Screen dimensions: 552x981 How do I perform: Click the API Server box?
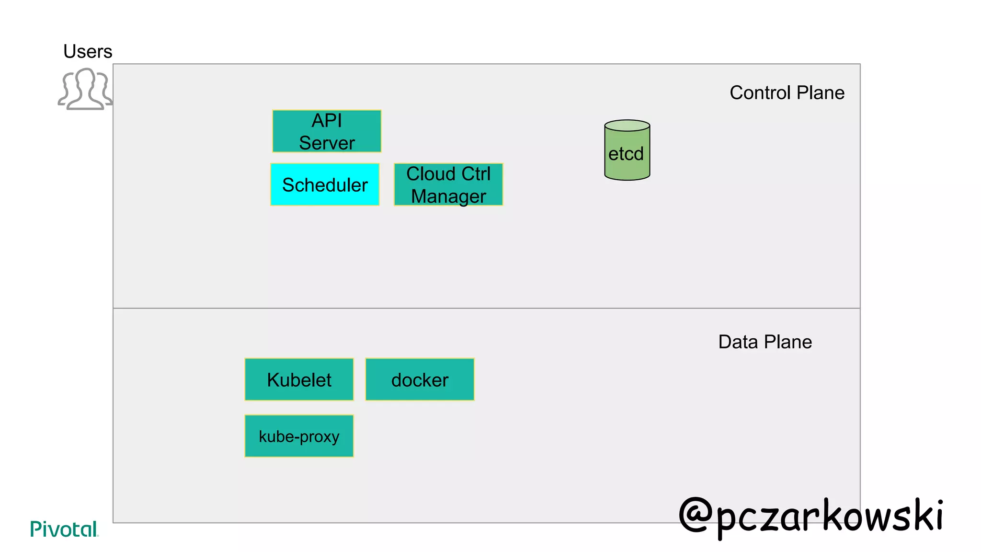pos(327,131)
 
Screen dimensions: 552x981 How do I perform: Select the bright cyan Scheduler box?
pos(325,184)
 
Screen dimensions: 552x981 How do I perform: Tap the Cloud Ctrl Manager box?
pos(448,184)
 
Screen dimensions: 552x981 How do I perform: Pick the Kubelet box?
pos(299,379)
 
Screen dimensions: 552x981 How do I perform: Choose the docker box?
pos(420,379)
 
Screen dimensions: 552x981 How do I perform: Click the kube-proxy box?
pos(299,436)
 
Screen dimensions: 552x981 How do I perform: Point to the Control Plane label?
pos(787,92)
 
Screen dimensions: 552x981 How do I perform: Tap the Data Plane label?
pos(765,342)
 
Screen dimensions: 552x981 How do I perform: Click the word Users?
pos(88,51)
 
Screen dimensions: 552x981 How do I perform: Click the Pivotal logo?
pos(64,529)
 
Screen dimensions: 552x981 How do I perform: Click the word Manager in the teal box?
pos(448,196)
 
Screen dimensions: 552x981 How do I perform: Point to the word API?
pos(327,121)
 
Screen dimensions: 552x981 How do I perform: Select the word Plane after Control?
pos(820,92)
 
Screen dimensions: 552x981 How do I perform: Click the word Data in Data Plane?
pos(738,342)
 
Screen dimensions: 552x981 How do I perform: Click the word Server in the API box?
pos(327,143)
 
